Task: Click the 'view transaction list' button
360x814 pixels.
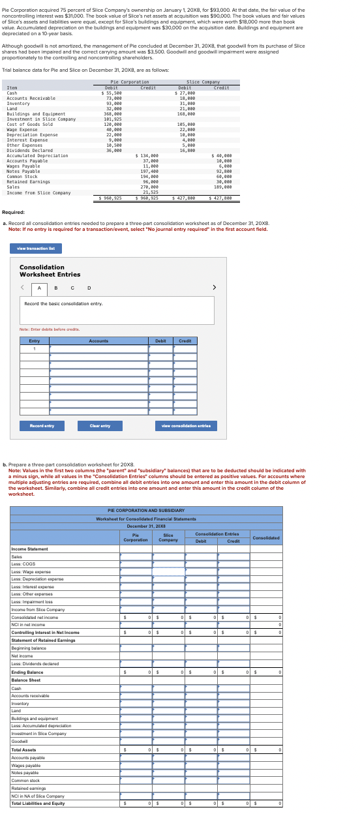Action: coord(36,248)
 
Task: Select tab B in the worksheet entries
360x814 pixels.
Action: coord(55,288)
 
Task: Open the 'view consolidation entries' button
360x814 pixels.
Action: coord(185,426)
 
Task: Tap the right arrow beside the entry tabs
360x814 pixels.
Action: coord(213,287)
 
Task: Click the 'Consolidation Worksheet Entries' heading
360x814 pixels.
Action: coord(50,271)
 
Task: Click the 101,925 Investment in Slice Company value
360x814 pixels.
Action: coord(113,119)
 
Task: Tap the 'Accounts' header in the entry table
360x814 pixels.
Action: coord(98,341)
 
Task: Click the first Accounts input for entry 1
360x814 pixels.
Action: coord(98,348)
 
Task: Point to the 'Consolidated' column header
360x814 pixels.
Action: coord(266,538)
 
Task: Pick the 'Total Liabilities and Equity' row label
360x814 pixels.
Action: coord(38,803)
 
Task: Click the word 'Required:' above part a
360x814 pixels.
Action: coord(14,213)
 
